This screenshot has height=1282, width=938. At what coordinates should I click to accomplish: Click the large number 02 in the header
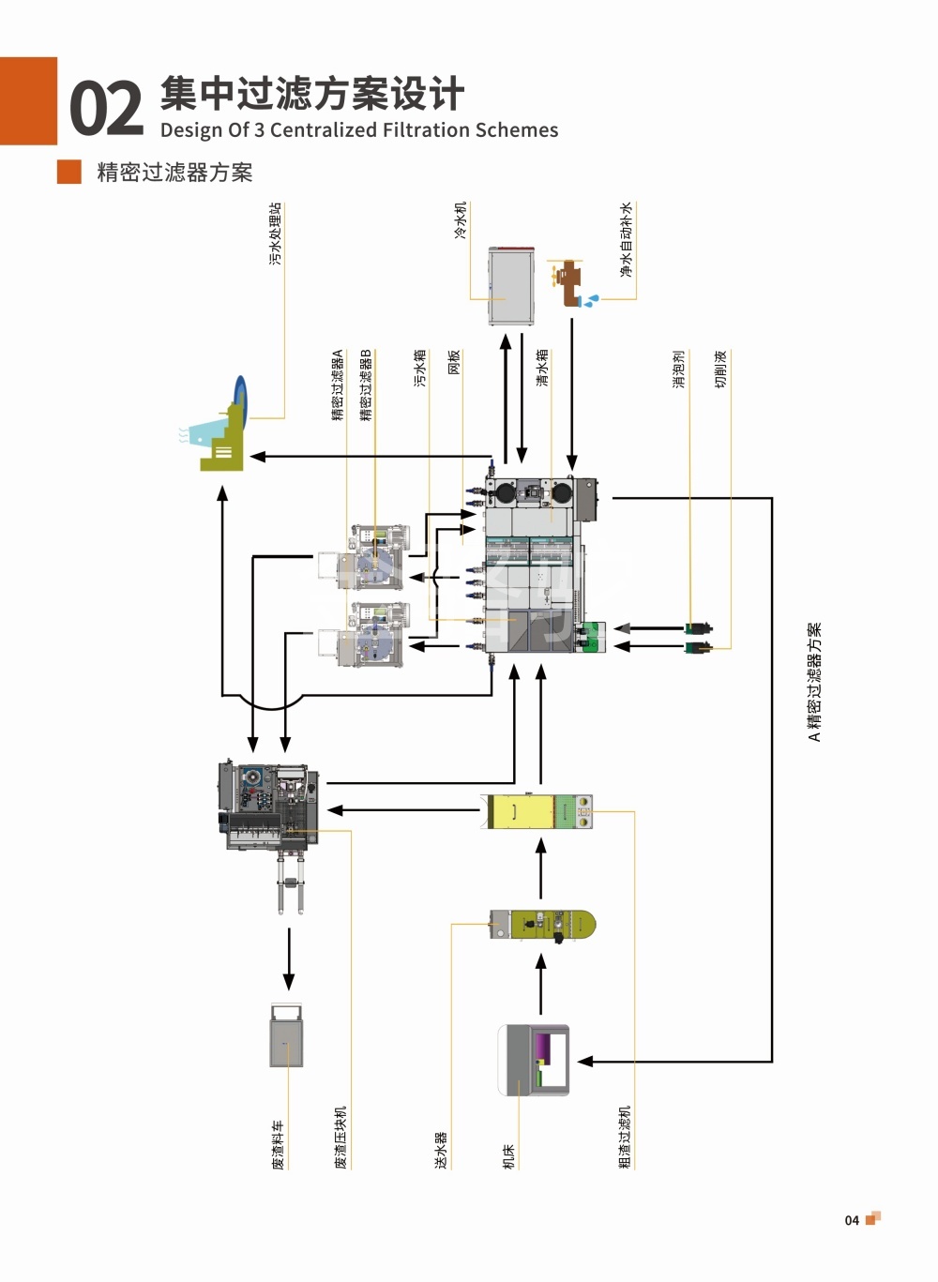(106, 108)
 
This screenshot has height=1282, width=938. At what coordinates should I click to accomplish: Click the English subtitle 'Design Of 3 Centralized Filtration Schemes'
(359, 130)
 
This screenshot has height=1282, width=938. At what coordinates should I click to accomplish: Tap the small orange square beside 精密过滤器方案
(69, 172)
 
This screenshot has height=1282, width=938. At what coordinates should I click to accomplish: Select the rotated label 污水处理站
(275, 234)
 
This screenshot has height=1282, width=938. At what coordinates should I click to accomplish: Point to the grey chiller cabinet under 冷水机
(511, 285)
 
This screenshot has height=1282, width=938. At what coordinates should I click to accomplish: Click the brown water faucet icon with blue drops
(569, 282)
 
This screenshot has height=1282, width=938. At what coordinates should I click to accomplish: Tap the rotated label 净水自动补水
(626, 240)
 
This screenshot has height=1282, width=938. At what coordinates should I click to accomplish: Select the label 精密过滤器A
(338, 385)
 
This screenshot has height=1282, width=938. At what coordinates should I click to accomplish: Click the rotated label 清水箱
(543, 368)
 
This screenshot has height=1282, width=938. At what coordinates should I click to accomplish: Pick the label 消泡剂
(679, 369)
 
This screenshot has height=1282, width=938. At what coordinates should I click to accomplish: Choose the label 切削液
(720, 369)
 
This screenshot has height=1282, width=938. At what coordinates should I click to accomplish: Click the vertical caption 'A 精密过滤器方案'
(814, 682)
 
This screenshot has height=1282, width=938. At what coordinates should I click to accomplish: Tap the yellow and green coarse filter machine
(539, 811)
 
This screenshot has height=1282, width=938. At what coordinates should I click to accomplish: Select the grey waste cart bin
(286, 1036)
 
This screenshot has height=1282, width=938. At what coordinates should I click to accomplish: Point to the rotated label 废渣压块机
(340, 1137)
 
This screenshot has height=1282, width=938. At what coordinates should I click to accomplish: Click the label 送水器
(441, 1150)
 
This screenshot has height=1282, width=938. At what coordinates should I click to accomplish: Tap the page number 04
(852, 1220)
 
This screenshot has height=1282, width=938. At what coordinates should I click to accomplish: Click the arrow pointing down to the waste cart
(289, 958)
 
